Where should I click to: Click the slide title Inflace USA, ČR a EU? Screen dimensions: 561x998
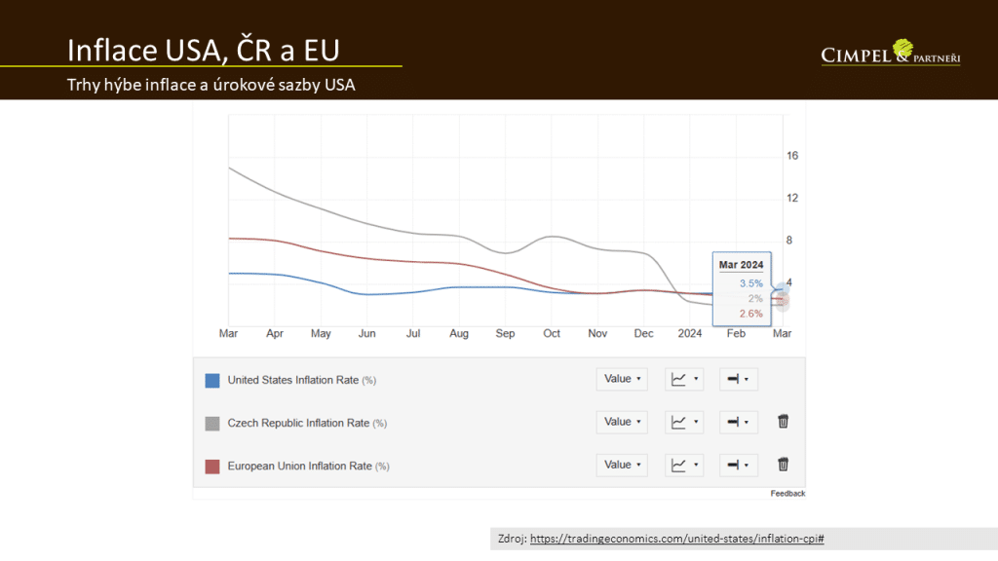203,50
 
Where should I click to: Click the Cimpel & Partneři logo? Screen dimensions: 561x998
891,54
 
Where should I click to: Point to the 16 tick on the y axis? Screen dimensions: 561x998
792,156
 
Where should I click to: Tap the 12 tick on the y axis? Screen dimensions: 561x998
792,198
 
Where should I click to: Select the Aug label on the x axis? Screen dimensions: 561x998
459,333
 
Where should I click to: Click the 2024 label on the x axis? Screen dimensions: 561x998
690,333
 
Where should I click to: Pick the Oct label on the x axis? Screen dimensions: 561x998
552,333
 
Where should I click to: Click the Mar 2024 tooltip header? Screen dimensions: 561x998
741,264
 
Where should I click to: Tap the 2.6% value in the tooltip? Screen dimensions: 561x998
750,314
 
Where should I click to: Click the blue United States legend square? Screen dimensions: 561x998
212,380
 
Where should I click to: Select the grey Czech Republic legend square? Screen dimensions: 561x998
212,423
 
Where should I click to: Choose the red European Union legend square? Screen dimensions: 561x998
212,466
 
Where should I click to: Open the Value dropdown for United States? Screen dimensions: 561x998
622,379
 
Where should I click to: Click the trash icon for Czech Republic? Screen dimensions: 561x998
783,422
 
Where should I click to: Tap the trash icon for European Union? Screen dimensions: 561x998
783,465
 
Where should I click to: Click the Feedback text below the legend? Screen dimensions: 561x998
787,494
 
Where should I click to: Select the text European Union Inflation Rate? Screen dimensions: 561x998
298,466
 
